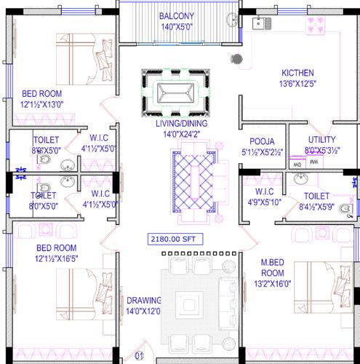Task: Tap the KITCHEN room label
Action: point(297,73)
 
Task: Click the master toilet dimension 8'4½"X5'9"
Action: point(316,206)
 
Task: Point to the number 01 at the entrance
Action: point(138,357)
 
